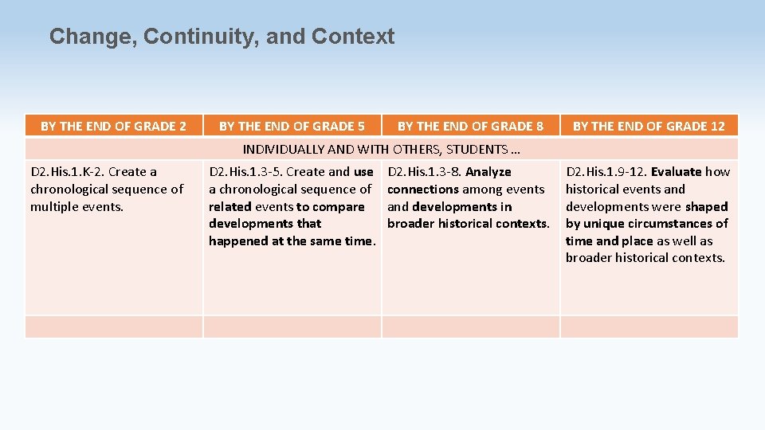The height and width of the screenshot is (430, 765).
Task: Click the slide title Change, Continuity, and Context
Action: [222, 37]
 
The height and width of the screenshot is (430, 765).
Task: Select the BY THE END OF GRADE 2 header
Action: [113, 126]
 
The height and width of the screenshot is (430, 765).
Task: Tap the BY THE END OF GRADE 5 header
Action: [292, 126]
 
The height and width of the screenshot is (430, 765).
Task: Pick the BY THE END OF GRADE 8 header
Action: [470, 126]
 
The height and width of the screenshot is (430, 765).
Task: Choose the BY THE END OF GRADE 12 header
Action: [649, 126]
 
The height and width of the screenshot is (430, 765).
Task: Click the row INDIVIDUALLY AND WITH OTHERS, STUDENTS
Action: [381, 149]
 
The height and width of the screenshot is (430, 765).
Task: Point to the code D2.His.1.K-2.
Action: [67, 172]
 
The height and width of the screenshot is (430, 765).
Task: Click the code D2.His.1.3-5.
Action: [245, 172]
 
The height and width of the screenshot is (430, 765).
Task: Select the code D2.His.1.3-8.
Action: [424, 172]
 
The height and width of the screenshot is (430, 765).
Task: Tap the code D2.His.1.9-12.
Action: [606, 172]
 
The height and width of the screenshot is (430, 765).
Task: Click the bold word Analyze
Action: [488, 172]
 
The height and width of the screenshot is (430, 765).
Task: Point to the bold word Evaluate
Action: [676, 172]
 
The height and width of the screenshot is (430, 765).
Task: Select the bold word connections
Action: [422, 190]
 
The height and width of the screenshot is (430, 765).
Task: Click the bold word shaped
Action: [706, 207]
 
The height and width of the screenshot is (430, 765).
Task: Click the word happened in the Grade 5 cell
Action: [237, 241]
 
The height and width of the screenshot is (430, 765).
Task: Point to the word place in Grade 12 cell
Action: [637, 241]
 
